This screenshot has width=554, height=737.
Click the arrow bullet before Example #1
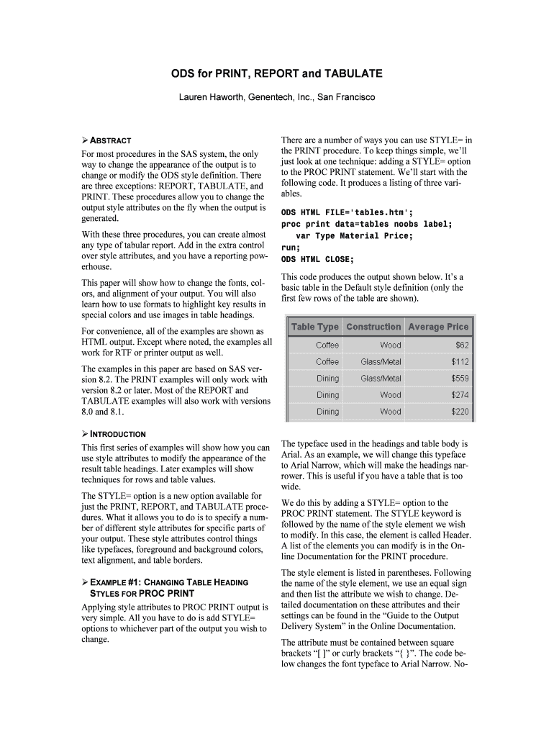pos(85,582)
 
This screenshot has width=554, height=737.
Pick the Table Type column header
pos(314,327)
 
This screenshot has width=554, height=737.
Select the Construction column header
pos(373,327)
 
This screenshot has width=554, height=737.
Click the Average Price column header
pos(437,327)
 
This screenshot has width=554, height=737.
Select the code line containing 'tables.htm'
pos(347,212)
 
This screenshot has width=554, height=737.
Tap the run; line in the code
pos(291,248)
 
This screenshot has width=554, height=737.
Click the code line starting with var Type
pos(354,236)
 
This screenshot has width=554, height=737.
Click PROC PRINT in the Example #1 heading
pos(166,594)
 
